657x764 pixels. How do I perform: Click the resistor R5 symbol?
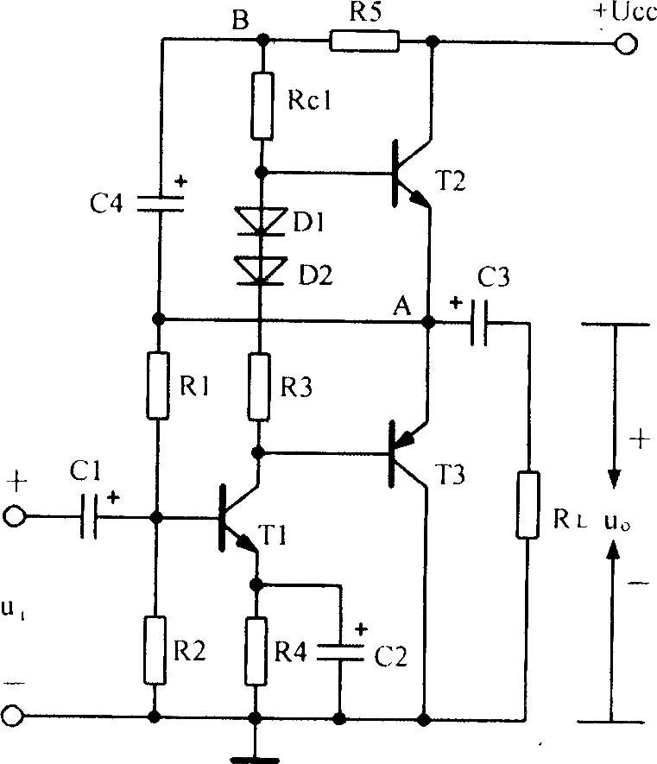click(364, 41)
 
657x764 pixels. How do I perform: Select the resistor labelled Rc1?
click(262, 105)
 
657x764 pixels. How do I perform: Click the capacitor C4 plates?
click(160, 203)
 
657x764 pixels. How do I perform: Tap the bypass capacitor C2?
click(340, 653)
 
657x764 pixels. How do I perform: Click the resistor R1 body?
click(158, 385)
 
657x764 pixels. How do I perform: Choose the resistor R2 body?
click(155, 650)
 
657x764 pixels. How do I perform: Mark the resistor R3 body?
click(259, 388)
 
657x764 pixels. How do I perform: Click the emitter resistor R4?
click(256, 652)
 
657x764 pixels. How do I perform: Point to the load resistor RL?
click(527, 505)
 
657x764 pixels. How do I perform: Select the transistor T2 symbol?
click(412, 174)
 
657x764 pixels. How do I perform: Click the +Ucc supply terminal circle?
click(626, 44)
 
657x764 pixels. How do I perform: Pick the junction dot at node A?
click(428, 322)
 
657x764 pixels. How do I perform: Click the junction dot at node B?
click(262, 38)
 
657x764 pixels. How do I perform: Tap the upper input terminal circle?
click(14, 516)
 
